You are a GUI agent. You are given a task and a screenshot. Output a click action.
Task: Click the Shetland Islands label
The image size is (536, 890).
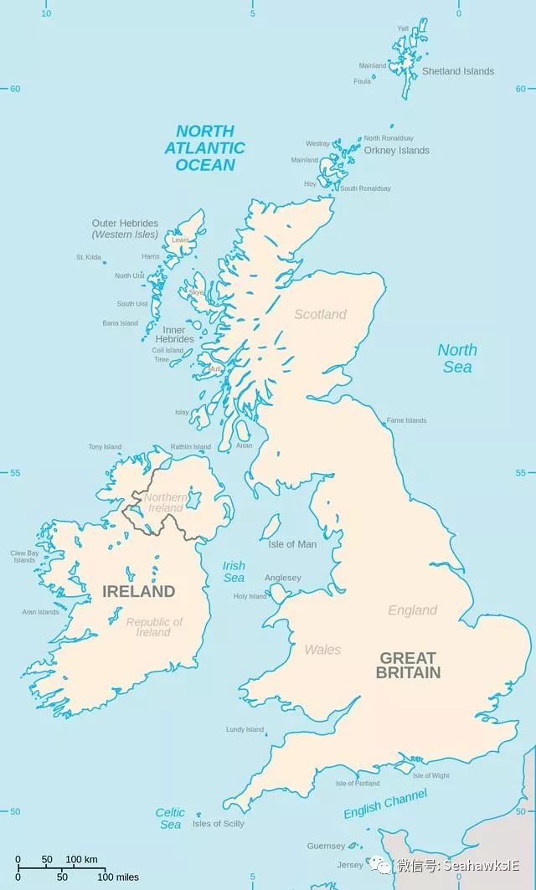click(457, 71)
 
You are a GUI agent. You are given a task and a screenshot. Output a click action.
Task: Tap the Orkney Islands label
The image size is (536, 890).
click(396, 151)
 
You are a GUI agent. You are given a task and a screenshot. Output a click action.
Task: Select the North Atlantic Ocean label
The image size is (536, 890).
click(205, 148)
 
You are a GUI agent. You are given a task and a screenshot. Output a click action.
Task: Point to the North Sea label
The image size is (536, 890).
click(457, 358)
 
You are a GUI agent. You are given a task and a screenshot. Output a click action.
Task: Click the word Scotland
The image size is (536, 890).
click(320, 315)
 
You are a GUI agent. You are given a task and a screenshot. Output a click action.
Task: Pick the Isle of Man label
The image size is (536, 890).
click(292, 544)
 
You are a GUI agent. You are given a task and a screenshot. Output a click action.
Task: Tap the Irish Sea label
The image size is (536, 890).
click(234, 572)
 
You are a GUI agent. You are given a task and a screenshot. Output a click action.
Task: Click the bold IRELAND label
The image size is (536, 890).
click(138, 592)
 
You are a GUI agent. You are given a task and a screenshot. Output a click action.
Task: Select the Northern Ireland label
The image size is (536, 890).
click(165, 503)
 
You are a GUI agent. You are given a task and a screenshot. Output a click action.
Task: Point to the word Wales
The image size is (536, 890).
click(322, 650)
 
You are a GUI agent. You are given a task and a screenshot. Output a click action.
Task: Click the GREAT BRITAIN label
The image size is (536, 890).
click(409, 665)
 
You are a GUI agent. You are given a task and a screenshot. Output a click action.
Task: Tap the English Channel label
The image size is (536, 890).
click(385, 804)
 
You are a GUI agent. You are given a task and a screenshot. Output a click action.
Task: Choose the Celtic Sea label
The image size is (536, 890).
click(170, 819)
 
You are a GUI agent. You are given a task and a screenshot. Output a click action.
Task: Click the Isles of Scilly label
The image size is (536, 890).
click(218, 824)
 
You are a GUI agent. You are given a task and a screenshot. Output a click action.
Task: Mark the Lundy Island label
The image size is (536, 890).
click(245, 729)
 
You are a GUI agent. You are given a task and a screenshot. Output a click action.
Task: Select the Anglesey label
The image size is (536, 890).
click(282, 578)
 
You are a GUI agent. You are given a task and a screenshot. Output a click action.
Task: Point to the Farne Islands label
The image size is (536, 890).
click(406, 420)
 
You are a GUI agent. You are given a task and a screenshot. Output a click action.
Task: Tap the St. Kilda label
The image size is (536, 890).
click(88, 257)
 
